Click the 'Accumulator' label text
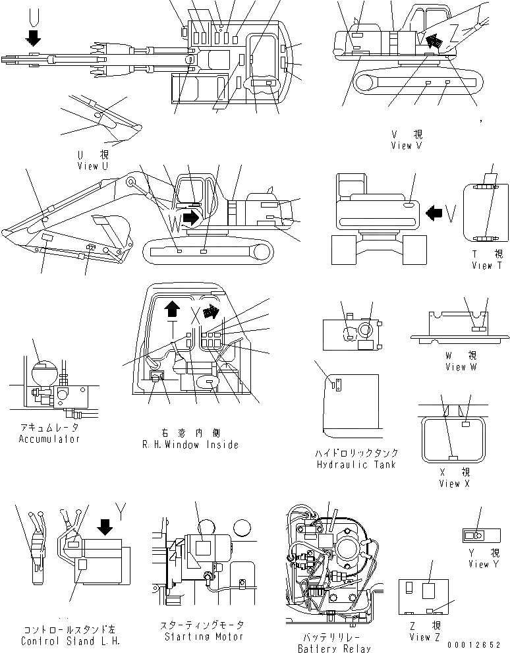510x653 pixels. click(49, 439)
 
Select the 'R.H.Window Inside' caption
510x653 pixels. click(190, 445)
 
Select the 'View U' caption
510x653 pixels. click(92, 165)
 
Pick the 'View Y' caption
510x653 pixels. click(479, 564)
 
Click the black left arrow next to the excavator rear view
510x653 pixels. click(434, 213)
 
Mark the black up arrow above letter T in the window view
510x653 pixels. click(173, 307)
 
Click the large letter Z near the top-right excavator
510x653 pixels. click(454, 31)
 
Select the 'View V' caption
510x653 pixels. click(406, 146)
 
